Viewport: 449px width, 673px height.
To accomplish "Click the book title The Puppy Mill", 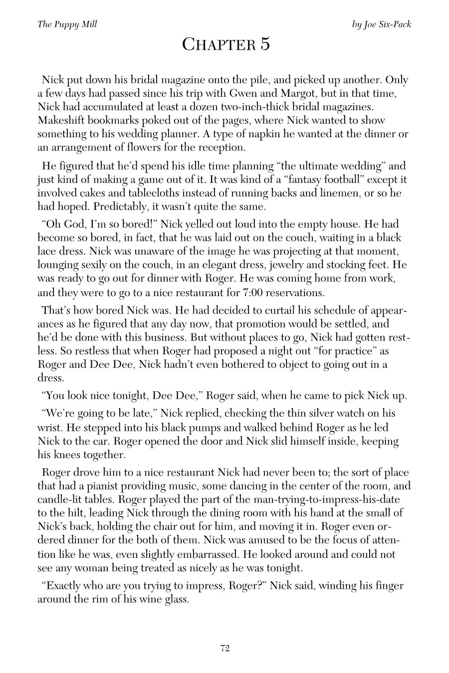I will (67, 24).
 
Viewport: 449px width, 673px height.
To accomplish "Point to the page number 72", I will (224, 648).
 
